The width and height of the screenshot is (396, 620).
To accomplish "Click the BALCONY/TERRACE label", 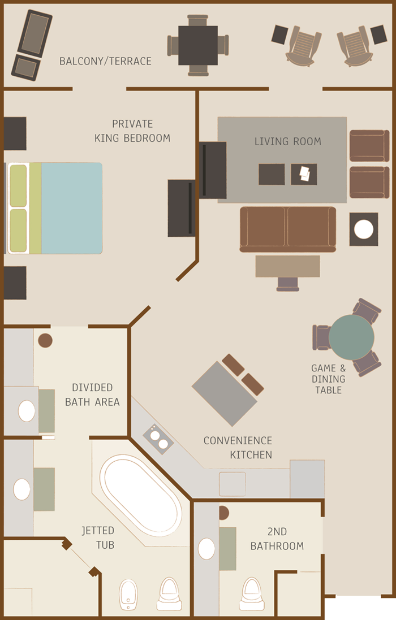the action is pos(105,61).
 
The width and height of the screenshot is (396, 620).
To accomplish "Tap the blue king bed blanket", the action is pos(72,208).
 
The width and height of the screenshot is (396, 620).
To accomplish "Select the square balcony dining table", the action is pos(198,45).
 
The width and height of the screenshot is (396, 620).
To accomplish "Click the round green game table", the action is pos(351,337).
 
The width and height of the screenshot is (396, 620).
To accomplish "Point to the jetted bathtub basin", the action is pos(141,496).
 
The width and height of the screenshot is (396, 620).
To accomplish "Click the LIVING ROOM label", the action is pos(287,141).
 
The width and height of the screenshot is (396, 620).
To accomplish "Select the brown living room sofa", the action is pos(288,229).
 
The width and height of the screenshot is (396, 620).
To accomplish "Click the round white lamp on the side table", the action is pos(364,229).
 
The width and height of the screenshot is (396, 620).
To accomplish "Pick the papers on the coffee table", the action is pos(304,173).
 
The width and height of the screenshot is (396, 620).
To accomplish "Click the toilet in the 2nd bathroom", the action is pos(252,595).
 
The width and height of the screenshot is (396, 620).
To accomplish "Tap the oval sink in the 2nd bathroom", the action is pos(206,548).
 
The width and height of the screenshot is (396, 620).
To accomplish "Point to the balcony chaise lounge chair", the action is pos(32,45).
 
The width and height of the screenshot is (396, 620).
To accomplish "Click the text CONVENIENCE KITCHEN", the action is pos(238,448).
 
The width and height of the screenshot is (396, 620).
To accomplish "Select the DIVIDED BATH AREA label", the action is pos(92,394).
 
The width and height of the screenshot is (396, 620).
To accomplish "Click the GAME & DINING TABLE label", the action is pos(328,379).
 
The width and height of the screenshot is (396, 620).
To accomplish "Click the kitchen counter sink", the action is pos(233,484).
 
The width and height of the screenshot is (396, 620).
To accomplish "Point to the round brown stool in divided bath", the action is pos(45,340).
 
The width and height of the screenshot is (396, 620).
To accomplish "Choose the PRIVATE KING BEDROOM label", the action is pos(132,131).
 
